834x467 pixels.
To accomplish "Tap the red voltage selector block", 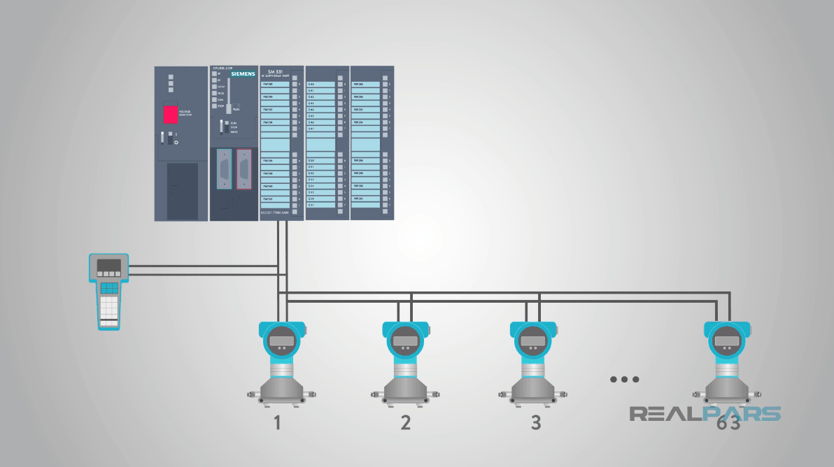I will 170,115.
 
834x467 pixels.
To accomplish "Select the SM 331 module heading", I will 275,71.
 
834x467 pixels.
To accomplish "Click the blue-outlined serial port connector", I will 224,168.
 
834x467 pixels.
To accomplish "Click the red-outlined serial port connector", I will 243,168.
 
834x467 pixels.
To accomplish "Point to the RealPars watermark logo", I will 705,413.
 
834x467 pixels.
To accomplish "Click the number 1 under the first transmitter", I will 277,422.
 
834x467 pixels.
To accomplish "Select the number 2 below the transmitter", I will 405,422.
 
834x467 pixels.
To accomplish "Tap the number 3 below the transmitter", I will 535,422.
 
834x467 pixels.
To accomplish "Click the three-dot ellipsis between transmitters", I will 624,380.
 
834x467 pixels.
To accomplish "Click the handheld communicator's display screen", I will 108,266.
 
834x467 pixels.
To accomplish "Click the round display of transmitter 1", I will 283,341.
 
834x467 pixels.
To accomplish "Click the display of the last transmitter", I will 726,341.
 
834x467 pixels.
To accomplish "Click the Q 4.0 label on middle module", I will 311,84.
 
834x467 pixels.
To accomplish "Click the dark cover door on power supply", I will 182,191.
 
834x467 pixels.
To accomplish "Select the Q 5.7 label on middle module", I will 311,205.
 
